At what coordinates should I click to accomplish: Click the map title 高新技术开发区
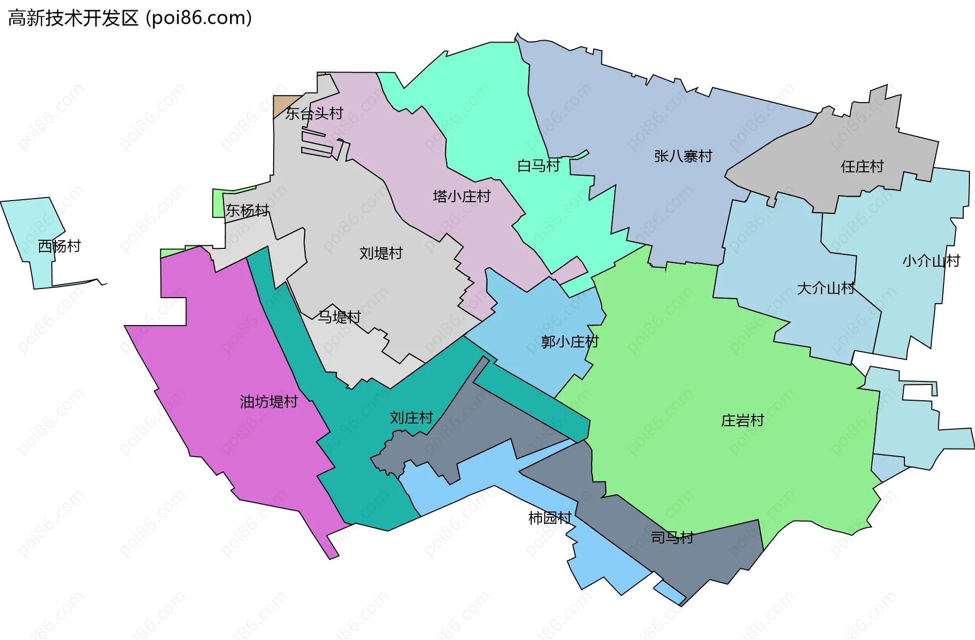(74, 18)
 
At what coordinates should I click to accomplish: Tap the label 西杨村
(59, 246)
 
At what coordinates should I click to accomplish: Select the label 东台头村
(314, 113)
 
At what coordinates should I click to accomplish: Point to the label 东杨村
(247, 210)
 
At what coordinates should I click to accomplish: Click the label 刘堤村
(381, 253)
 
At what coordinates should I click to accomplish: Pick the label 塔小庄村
(462, 197)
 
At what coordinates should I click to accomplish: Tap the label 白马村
(538, 166)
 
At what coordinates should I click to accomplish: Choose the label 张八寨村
(683, 156)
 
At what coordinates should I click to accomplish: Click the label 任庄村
(862, 166)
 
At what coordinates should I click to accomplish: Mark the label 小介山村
(931, 261)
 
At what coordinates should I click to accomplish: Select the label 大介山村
(826, 289)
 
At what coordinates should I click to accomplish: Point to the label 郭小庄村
(570, 342)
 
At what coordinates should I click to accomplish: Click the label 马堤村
(339, 317)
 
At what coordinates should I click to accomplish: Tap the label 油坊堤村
(269, 402)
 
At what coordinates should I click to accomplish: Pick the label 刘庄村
(411, 418)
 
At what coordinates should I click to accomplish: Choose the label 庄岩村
(742, 421)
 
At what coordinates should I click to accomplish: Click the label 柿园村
(550, 518)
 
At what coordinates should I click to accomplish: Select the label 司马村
(672, 537)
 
